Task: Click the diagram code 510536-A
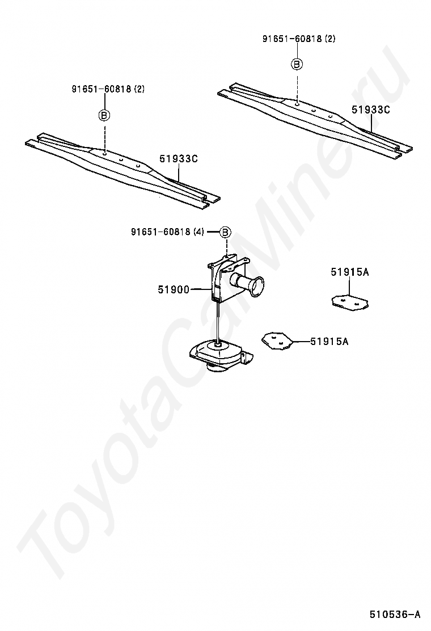pyautogui.click(x=395, y=614)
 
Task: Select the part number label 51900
pyautogui.click(x=174, y=289)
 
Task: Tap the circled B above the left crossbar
pyautogui.click(x=104, y=115)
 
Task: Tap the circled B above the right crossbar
pyautogui.click(x=297, y=64)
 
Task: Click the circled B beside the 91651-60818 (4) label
pyautogui.click(x=225, y=232)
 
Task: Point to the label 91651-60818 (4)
pyautogui.click(x=167, y=232)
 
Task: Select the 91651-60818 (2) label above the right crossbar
pyautogui.click(x=299, y=39)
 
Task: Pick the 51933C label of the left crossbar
pyautogui.click(x=178, y=159)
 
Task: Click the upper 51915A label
pyautogui.click(x=350, y=272)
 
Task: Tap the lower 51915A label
pyautogui.click(x=329, y=341)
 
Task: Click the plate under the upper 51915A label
pyautogui.click(x=349, y=302)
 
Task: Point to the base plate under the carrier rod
pyautogui.click(x=218, y=355)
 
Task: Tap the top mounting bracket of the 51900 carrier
pyautogui.click(x=227, y=263)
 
